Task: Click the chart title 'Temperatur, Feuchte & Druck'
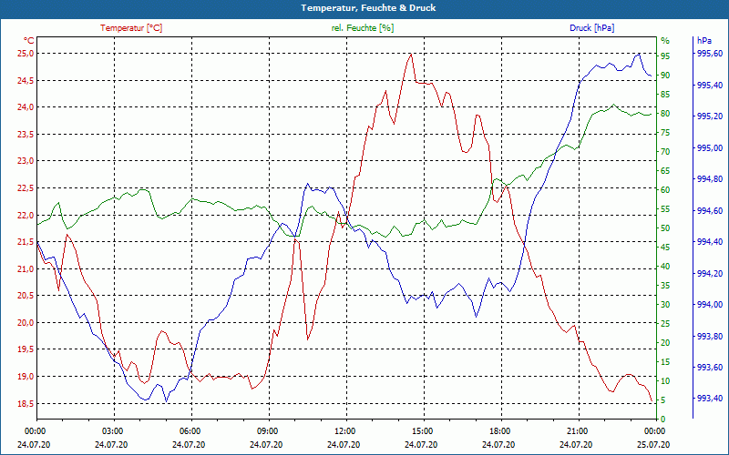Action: tap(364, 7)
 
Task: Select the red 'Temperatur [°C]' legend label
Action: tap(131, 28)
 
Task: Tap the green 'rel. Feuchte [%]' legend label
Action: tap(363, 28)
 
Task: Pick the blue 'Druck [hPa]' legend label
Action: tap(591, 28)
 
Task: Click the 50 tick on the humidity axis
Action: tap(666, 227)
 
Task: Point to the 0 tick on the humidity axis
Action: tap(663, 419)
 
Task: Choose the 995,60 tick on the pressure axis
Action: tap(710, 54)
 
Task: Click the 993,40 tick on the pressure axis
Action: tap(710, 398)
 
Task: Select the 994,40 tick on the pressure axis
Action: tap(710, 242)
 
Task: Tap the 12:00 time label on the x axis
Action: tap(344, 430)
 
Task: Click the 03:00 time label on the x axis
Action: tap(113, 430)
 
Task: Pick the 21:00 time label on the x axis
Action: tap(577, 430)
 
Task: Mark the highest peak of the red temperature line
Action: tap(411, 54)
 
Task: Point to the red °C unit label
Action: tap(29, 41)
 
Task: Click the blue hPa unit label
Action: tap(704, 41)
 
